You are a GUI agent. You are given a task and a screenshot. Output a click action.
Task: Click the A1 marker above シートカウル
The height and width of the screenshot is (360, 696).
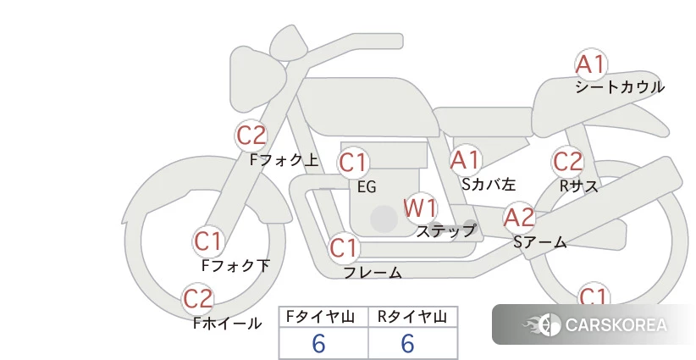[x=591, y=64]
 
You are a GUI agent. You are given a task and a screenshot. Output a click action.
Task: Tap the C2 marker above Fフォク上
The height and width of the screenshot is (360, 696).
[x=251, y=136]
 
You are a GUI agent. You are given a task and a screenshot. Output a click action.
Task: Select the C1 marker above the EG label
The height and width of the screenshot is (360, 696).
[x=353, y=163]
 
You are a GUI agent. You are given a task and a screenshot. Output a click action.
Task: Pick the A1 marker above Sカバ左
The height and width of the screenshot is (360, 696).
[x=465, y=160]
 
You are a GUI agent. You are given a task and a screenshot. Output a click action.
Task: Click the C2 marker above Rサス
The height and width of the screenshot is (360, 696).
[x=567, y=162]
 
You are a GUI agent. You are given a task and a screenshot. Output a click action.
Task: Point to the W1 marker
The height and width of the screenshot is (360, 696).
[x=420, y=208]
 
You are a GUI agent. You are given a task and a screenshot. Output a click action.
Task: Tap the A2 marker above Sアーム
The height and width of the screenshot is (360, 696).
[x=519, y=218]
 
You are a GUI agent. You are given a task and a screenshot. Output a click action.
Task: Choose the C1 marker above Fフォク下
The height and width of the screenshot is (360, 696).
[x=208, y=242]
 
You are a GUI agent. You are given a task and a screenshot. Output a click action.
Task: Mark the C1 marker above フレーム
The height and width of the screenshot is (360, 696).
[x=345, y=247]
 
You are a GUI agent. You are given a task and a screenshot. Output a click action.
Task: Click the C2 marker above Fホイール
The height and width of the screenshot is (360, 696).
[x=198, y=299]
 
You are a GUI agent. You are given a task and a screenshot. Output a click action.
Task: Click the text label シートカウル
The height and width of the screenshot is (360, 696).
[x=620, y=87]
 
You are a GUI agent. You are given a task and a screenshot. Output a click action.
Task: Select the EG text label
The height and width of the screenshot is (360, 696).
[x=367, y=187]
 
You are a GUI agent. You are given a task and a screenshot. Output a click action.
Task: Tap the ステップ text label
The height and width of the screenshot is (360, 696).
[x=446, y=231]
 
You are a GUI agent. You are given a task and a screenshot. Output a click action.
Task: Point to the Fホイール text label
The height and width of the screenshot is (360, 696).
[x=227, y=324]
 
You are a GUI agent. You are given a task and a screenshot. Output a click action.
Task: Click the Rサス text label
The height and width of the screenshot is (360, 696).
[x=578, y=186]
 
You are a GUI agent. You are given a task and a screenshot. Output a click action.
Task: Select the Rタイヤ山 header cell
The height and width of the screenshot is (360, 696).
[x=413, y=317]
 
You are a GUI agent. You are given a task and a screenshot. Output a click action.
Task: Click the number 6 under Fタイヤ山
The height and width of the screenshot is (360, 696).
[x=318, y=344]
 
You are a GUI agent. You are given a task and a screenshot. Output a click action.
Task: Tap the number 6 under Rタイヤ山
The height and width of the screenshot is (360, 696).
[x=407, y=344]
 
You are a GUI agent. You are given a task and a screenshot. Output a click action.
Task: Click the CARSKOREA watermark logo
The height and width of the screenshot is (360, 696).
[x=594, y=325]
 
